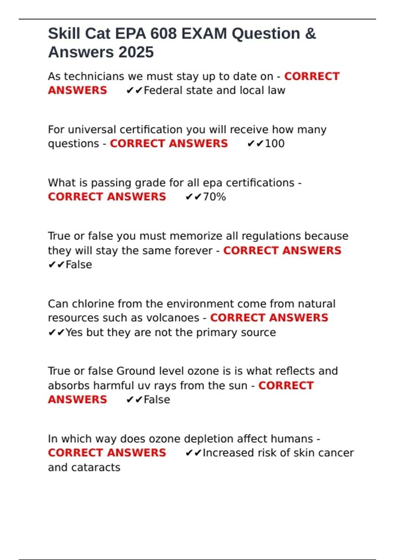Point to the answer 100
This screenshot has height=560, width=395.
pyautogui.click(x=275, y=144)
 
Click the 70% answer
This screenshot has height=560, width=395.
pyautogui.click(x=214, y=197)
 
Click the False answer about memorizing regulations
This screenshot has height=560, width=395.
pyautogui.click(x=79, y=265)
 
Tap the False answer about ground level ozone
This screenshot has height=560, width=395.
pyautogui.click(x=157, y=400)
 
